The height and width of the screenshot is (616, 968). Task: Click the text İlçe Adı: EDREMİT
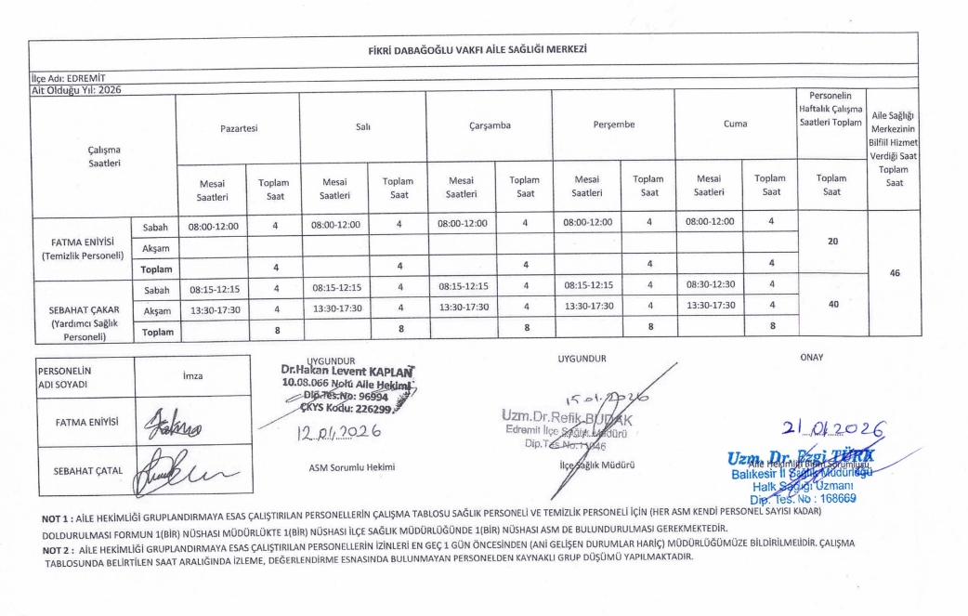67,81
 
